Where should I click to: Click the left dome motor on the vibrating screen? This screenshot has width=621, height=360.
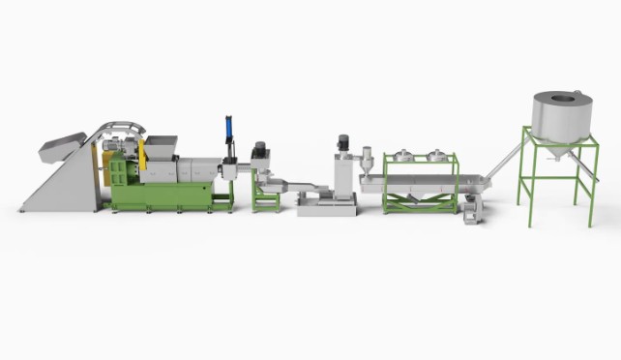(x=404, y=156)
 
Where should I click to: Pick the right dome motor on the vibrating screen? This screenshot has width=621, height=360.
(x=436, y=156)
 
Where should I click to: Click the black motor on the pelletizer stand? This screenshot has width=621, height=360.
(x=259, y=151)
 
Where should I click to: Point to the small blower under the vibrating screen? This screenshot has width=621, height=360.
(x=471, y=206)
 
